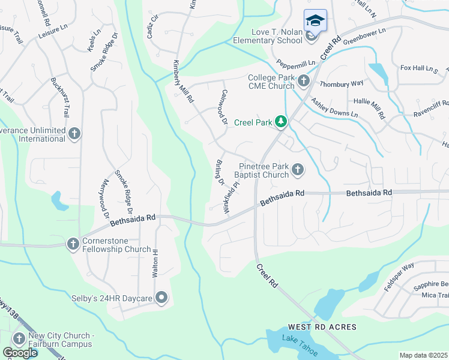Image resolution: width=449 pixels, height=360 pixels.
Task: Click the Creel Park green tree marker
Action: click(x=280, y=122)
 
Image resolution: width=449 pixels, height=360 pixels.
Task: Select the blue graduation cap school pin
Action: click(x=315, y=20)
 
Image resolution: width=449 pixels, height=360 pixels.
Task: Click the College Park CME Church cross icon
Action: click(x=304, y=80)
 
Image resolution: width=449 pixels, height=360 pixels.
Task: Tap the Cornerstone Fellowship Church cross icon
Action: click(x=73, y=244)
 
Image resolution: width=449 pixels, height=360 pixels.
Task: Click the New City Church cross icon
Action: click(x=19, y=339)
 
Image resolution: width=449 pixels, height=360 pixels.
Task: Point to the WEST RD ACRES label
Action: click(x=322, y=327)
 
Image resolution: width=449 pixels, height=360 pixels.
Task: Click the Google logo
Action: click(x=19, y=353)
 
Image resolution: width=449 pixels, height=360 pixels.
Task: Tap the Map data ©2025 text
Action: click(x=423, y=355)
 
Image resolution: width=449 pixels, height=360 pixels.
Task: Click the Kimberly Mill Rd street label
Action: click(x=183, y=81)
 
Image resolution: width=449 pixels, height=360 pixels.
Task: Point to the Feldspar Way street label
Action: click(x=400, y=274)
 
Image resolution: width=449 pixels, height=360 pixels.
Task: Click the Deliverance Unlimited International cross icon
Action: click(x=74, y=133)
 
